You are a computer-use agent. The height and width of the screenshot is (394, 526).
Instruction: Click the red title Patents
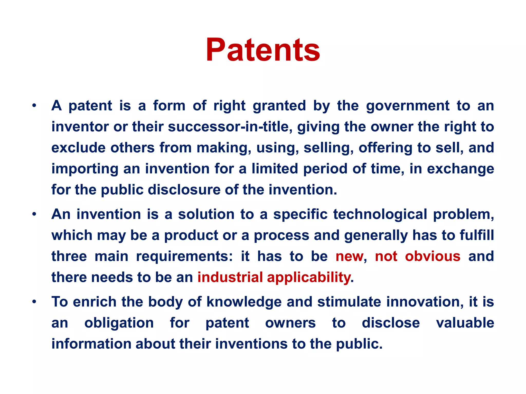[x=263, y=50]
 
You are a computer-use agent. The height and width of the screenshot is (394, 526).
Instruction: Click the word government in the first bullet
[x=408, y=106]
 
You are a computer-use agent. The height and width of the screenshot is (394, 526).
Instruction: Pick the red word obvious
[x=433, y=256]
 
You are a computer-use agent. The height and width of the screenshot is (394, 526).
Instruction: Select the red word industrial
[x=230, y=277]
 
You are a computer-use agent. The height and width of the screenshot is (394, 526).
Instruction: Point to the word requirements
[x=184, y=256]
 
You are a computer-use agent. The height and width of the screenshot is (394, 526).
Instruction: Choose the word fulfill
[x=477, y=235]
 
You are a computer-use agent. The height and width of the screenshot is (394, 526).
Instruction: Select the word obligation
[x=119, y=323]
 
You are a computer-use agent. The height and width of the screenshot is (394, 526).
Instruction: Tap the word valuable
[x=465, y=323]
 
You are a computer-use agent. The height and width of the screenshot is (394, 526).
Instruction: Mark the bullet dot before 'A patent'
[x=34, y=105]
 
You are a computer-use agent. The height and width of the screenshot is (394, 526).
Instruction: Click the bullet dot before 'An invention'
[x=34, y=214]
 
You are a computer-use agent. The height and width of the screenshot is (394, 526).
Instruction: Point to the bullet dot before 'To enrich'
[x=34, y=302]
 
